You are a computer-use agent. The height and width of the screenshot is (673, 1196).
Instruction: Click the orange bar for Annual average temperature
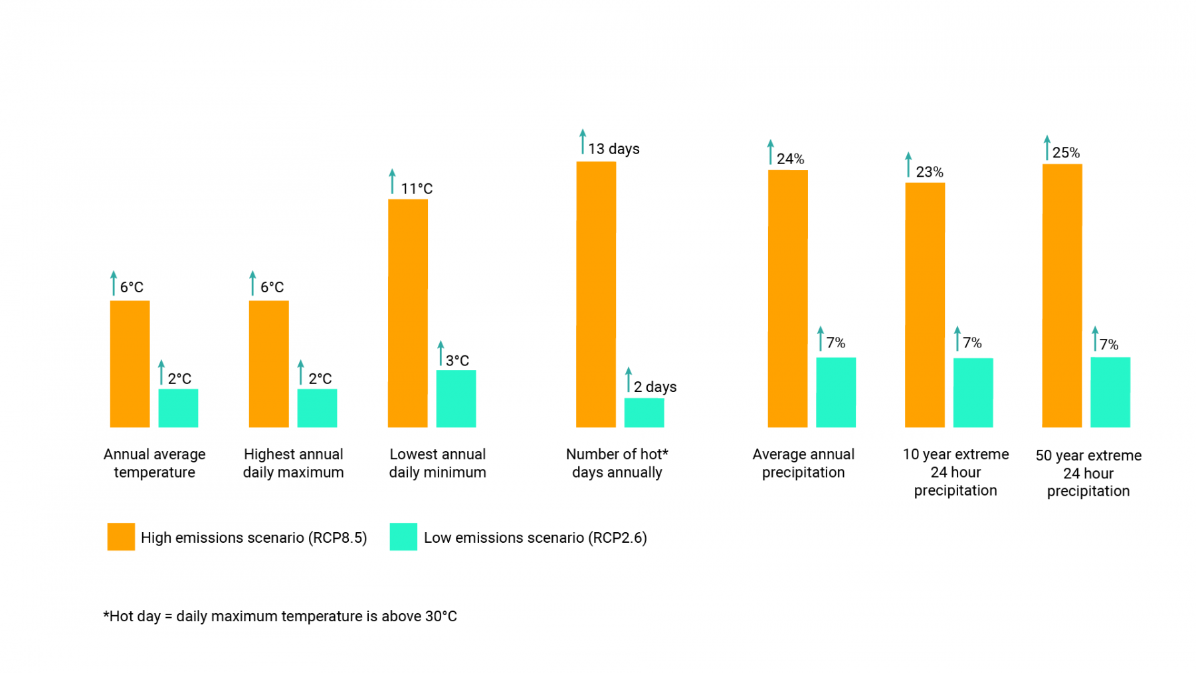(130, 363)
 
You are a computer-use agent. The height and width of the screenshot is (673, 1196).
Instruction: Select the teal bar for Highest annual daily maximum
(317, 408)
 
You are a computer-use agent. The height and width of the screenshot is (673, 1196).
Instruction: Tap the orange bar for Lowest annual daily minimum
(407, 313)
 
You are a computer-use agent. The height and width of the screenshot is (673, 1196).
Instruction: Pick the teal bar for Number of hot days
(644, 412)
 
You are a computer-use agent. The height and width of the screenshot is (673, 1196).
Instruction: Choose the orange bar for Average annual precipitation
(787, 298)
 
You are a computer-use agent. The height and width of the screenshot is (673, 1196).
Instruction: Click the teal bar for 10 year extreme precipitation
(973, 392)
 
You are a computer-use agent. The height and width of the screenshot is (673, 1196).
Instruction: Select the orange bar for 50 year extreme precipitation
(1062, 295)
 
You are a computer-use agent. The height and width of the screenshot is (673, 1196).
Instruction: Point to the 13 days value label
(613, 149)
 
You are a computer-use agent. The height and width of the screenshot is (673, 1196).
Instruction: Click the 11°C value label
(417, 189)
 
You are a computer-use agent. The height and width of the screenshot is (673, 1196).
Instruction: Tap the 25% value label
(1066, 153)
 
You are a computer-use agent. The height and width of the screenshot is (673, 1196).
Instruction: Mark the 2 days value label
(654, 387)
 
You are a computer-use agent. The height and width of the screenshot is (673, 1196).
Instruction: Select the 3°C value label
(457, 361)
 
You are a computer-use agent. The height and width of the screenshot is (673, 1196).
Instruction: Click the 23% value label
(929, 172)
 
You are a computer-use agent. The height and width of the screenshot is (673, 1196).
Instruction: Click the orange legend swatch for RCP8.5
(121, 537)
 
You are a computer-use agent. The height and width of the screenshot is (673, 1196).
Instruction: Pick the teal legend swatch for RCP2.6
(403, 537)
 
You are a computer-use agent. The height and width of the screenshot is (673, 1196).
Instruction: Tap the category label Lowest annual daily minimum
(437, 463)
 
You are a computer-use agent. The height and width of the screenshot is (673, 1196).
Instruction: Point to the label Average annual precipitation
(803, 463)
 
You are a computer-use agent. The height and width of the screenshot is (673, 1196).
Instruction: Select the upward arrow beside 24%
(771, 151)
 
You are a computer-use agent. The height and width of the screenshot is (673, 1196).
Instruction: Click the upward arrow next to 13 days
(583, 142)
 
